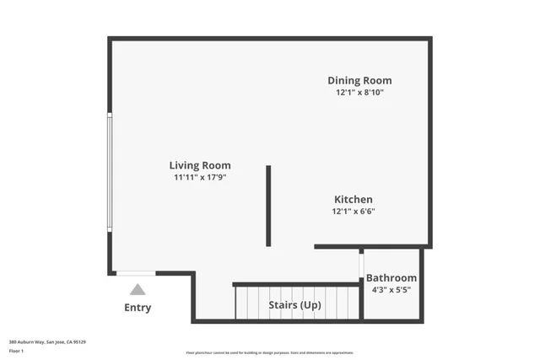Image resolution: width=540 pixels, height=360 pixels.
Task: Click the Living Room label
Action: [200, 165]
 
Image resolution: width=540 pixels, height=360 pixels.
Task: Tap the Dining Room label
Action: [359, 81]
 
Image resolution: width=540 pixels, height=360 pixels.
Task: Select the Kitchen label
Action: [353, 200]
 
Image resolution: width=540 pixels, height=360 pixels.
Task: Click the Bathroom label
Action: [391, 277]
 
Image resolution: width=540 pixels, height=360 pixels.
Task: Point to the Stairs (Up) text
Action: [294, 304]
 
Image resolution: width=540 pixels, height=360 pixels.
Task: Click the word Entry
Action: [138, 308]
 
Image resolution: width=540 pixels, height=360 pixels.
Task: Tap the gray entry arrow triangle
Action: [138, 289]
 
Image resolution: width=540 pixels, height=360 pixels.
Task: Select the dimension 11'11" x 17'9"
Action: [200, 178]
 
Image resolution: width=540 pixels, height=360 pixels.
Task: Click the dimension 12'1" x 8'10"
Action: [359, 93]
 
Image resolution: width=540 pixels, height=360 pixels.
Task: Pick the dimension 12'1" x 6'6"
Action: [353, 212]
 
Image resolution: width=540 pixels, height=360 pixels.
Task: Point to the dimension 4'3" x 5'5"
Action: [391, 290]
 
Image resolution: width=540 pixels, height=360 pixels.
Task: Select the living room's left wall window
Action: [109, 172]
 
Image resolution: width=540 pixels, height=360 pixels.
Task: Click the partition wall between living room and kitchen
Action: [268, 206]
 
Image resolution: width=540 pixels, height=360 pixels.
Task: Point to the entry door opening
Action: [136, 272]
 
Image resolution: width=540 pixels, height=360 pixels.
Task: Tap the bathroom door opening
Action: [361, 265]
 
